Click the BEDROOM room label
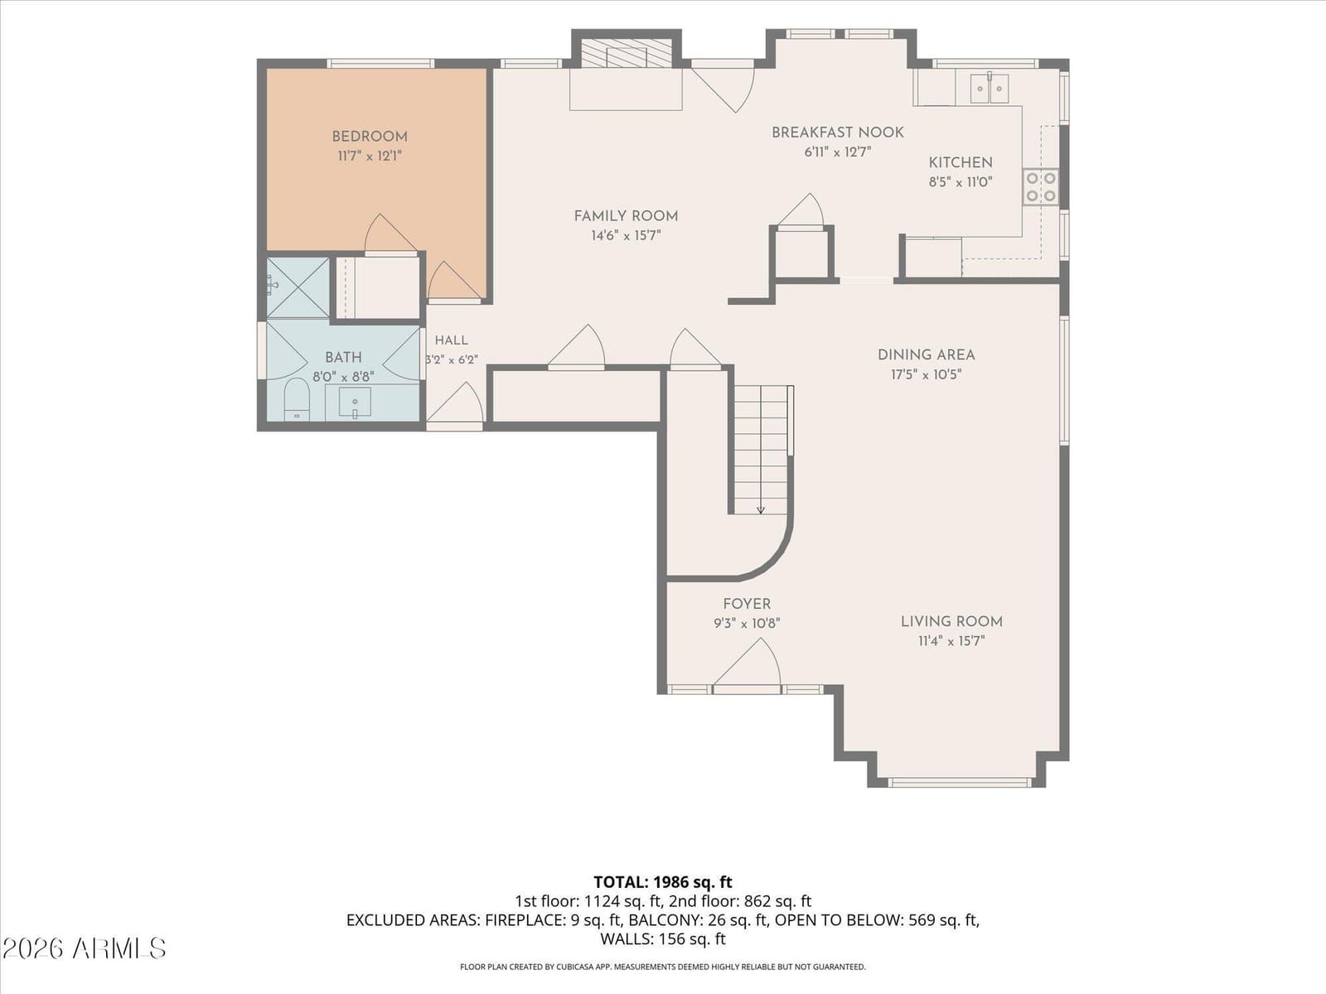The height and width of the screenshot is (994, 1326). coord(370,137)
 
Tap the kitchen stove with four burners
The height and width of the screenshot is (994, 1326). coord(1041,186)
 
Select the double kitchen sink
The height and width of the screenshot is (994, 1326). coord(990,88)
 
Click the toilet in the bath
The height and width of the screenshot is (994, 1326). coord(297,399)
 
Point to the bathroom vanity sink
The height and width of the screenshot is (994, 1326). coord(355,403)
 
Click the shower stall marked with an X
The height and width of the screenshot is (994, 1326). coord(298,288)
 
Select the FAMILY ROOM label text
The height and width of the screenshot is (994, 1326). coord(626,216)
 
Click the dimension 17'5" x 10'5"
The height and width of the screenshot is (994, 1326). coord(926,374)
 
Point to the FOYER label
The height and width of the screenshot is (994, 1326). coord(747,604)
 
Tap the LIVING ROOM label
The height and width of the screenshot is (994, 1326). coord(951,621)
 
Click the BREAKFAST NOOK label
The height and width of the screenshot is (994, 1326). coord(838,133)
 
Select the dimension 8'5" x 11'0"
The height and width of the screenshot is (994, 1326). coord(961,182)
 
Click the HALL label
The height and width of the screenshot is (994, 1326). coord(452,340)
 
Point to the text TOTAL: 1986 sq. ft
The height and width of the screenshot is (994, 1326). coord(663,882)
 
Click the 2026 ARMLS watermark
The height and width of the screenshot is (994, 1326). coord(84,948)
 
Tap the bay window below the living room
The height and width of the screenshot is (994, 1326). coord(960,783)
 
